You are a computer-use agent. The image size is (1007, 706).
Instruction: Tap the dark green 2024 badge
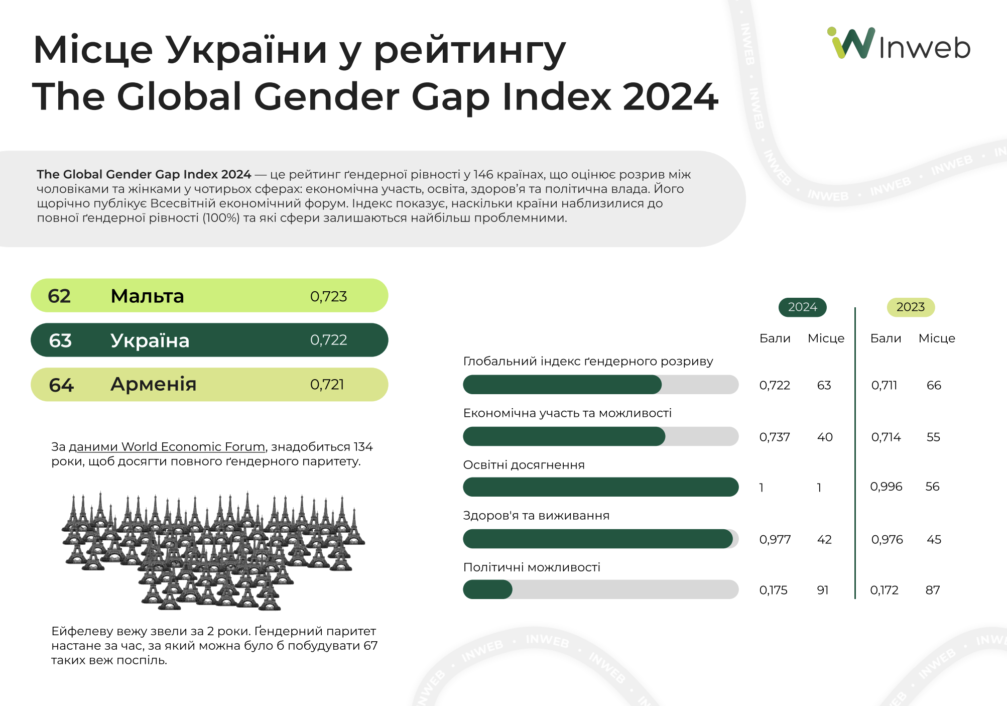click(802, 307)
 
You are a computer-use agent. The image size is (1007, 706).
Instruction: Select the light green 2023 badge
click(910, 307)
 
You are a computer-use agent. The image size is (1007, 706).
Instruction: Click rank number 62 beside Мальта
click(59, 296)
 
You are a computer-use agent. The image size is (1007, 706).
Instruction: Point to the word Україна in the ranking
click(150, 340)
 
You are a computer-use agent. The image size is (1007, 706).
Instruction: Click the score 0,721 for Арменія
click(327, 385)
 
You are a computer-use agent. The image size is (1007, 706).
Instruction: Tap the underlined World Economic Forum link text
click(167, 447)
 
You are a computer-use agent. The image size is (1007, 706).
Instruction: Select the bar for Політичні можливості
click(600, 590)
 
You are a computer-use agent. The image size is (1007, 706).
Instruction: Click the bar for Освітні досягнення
click(600, 487)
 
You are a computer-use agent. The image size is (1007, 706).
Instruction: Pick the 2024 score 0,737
click(775, 437)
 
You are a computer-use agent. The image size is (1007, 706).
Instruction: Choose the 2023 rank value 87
click(933, 591)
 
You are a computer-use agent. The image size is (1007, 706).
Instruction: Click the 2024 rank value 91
click(823, 591)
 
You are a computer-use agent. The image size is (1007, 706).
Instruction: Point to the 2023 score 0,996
click(886, 487)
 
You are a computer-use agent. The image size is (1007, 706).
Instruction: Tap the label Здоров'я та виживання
click(536, 516)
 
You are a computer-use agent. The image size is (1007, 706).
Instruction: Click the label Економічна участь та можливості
click(567, 413)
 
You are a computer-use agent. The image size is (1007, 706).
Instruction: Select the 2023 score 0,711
click(884, 386)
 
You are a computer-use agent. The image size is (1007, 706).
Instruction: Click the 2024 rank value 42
click(824, 540)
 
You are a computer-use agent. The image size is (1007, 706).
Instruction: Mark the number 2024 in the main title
click(671, 96)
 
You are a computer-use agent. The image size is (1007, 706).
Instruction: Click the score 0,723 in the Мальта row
click(328, 297)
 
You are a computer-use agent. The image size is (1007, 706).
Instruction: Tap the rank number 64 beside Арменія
click(61, 385)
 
